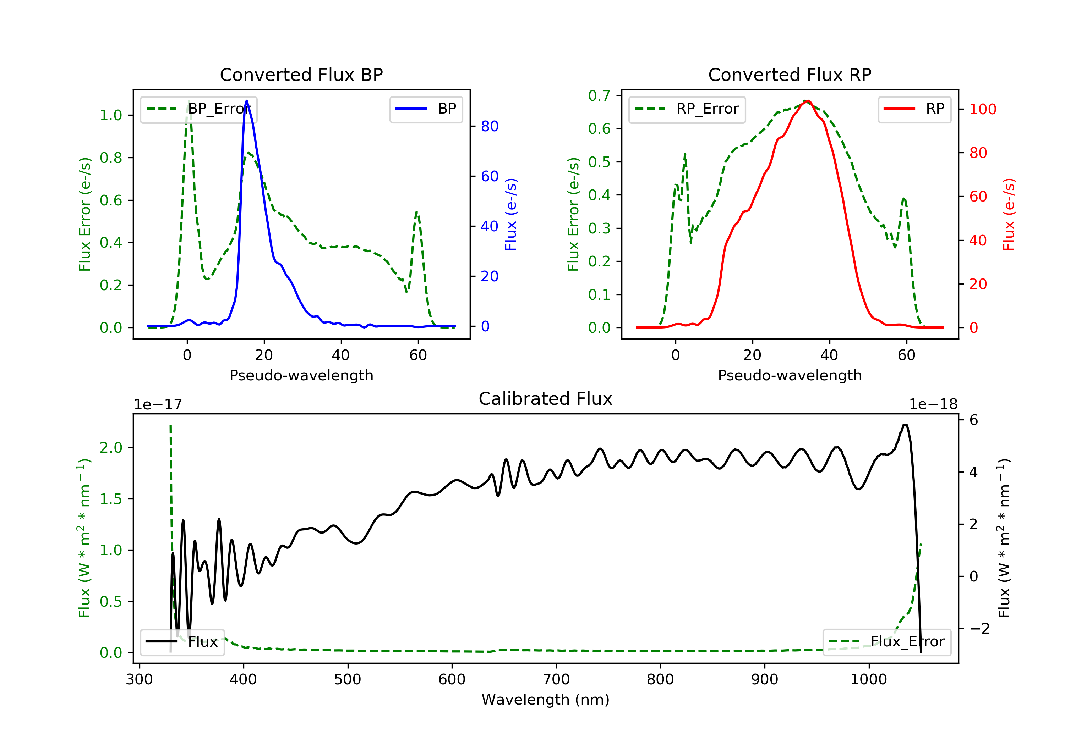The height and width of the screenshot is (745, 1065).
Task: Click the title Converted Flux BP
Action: (301, 74)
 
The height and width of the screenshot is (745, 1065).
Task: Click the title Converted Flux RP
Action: (790, 74)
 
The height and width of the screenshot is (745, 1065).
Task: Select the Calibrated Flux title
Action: (546, 399)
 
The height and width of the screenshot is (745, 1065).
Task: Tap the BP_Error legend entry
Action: (198, 109)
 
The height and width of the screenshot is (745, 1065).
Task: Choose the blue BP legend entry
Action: (426, 109)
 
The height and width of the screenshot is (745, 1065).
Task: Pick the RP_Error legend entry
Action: (687, 109)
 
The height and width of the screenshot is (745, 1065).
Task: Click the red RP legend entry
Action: (914, 109)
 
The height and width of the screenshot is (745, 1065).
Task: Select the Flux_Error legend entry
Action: (886, 642)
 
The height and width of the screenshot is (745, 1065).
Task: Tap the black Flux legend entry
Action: (182, 642)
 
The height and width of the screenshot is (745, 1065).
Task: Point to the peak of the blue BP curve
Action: (246, 101)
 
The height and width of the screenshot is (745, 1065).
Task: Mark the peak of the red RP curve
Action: (808, 101)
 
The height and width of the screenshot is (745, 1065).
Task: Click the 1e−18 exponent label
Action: (933, 404)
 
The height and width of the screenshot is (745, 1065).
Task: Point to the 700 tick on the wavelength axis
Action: (556, 680)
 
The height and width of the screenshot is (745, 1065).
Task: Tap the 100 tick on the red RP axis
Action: (983, 109)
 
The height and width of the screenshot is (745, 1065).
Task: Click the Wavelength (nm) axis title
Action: (546, 700)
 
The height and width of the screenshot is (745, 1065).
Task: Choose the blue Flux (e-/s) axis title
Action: (511, 215)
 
